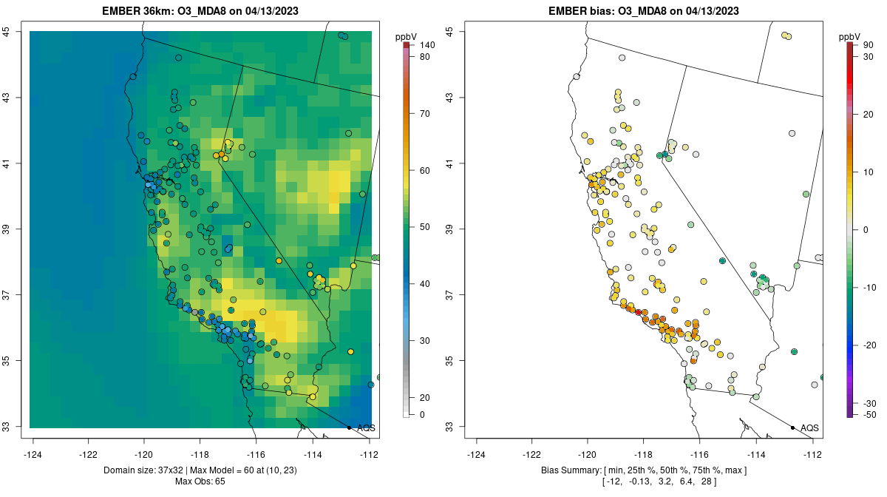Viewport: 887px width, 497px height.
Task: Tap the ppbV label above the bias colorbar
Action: (x=850, y=35)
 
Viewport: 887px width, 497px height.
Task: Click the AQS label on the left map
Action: (x=366, y=428)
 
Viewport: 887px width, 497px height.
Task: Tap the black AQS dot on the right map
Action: (x=792, y=427)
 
